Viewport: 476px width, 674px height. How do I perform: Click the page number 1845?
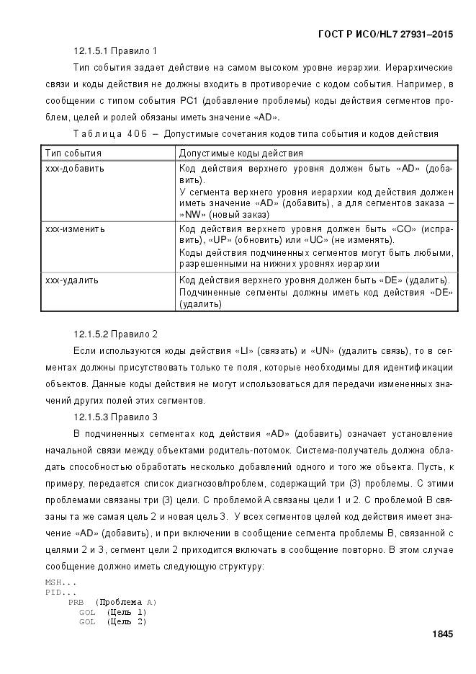point(441,634)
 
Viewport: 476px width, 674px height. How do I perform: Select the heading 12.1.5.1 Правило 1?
point(115,51)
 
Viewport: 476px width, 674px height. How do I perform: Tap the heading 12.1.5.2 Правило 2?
point(115,334)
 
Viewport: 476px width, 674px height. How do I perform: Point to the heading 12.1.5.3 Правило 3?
point(115,417)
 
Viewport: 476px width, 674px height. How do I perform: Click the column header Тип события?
point(73,154)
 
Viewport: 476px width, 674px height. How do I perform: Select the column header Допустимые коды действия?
point(241,154)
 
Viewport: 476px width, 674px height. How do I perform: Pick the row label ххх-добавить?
point(75,169)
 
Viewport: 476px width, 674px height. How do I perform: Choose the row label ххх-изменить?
point(75,229)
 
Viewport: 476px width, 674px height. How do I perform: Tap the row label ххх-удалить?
point(72,280)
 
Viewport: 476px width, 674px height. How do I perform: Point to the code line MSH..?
point(60,582)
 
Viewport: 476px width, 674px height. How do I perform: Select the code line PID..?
point(60,592)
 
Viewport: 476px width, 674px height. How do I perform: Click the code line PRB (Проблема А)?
point(112,602)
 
